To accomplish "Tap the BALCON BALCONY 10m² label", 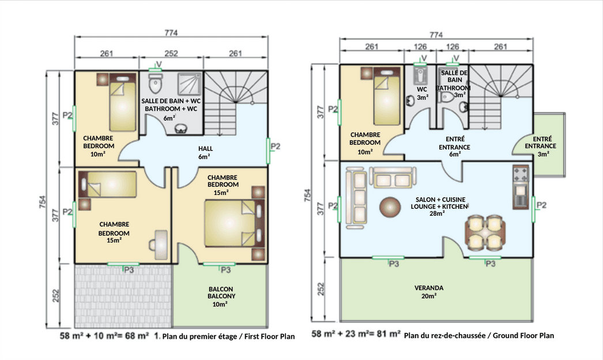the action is (x=221, y=297).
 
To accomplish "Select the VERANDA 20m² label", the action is (x=429, y=292).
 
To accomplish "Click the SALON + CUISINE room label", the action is (x=440, y=200).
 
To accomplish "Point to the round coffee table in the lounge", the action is (x=390, y=207).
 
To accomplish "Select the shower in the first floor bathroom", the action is (x=189, y=83).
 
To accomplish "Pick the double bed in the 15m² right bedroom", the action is (x=234, y=223).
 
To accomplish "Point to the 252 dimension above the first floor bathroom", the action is (x=171, y=53).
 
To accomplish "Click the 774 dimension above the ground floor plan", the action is (x=436, y=35).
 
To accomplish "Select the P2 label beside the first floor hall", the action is (x=276, y=147).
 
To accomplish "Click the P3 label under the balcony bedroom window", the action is (x=225, y=270).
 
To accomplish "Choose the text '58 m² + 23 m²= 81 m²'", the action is (x=356, y=334).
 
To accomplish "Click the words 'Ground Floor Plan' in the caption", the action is (x=523, y=335).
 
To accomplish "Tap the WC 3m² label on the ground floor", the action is (x=422, y=93).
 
